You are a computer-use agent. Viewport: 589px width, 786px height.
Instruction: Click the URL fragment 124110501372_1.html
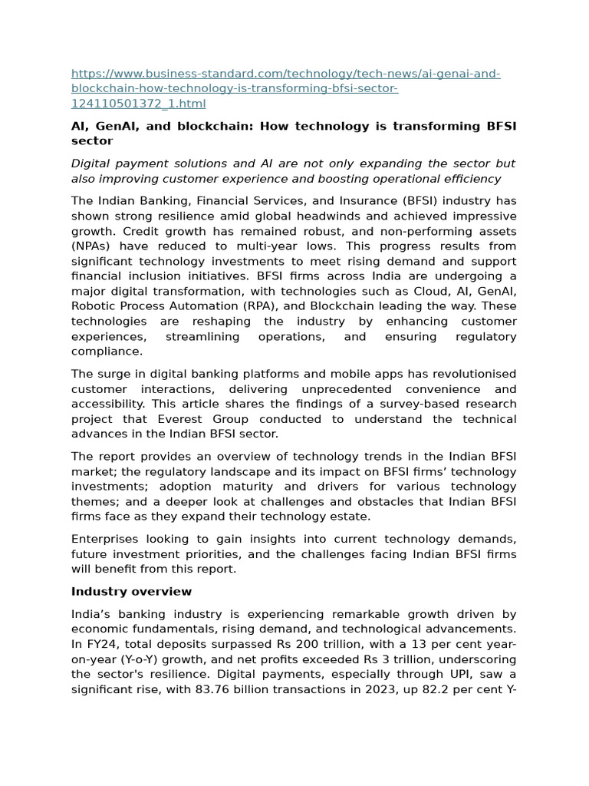click(x=138, y=104)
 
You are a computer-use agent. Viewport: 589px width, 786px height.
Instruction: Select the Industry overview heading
click(x=131, y=591)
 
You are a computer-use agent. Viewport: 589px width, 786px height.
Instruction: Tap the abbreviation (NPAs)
click(x=94, y=246)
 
